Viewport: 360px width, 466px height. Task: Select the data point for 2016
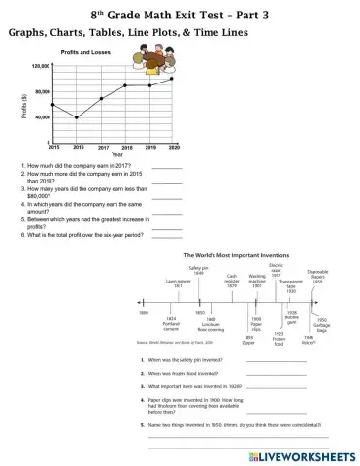coord(77,118)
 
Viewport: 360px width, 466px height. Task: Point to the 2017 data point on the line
coord(101,99)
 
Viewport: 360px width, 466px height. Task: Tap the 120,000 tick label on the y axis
coord(41,66)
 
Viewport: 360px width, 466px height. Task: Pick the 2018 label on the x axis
coord(126,147)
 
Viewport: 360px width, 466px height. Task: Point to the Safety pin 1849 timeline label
coord(197,271)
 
